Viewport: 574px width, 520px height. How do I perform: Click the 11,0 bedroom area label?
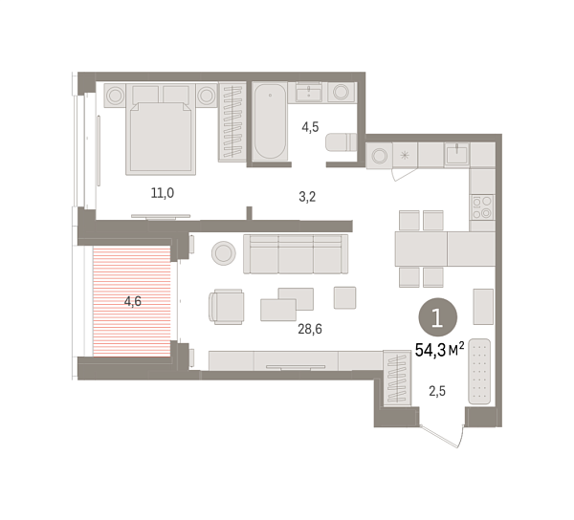pyautogui.click(x=161, y=193)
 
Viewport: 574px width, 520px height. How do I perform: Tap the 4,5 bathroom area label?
pyautogui.click(x=310, y=124)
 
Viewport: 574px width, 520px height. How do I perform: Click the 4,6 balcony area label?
pyautogui.click(x=134, y=301)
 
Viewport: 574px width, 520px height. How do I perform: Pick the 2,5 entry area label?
pyautogui.click(x=435, y=390)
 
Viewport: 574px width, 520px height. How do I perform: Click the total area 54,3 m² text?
pyautogui.click(x=440, y=350)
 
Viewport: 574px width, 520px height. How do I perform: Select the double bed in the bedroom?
pyautogui.click(x=161, y=134)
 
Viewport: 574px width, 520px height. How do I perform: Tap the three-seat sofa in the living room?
pyautogui.click(x=294, y=253)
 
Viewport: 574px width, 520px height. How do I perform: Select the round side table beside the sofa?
pyautogui.click(x=224, y=252)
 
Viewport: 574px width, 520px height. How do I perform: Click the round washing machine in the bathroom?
pyautogui.click(x=342, y=93)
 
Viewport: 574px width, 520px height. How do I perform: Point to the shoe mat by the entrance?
pyautogui.click(x=479, y=370)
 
